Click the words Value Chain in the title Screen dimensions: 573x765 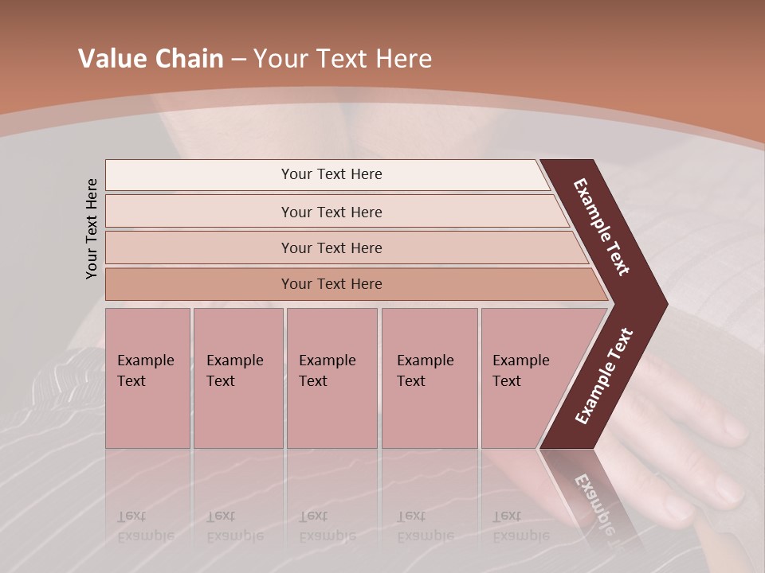(x=151, y=59)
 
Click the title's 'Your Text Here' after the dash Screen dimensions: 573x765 (x=343, y=59)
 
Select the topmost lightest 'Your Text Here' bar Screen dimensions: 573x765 (x=331, y=174)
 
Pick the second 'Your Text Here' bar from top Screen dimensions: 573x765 (x=331, y=212)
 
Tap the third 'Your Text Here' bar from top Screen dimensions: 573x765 (x=331, y=248)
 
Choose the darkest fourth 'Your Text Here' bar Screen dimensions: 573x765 (x=331, y=284)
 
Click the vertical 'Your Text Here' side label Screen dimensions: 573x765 (x=92, y=228)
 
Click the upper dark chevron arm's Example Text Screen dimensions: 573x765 (x=602, y=227)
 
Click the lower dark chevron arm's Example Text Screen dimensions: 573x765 (x=604, y=376)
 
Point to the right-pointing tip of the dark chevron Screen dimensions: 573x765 (x=665, y=305)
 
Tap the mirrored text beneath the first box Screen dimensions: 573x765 (x=146, y=526)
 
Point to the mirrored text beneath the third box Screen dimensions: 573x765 (x=328, y=526)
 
